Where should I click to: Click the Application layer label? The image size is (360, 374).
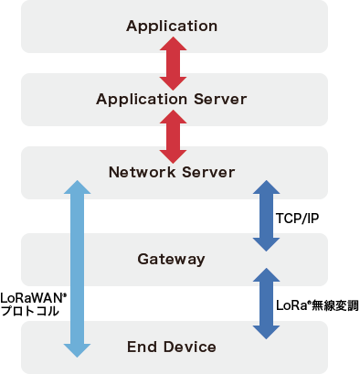(172, 25)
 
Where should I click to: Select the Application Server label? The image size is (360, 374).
(172, 98)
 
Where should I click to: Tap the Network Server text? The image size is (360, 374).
(172, 172)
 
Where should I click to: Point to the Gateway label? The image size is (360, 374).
(172, 260)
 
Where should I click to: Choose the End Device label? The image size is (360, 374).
(172, 347)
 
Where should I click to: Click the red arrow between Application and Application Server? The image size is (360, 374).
(173, 61)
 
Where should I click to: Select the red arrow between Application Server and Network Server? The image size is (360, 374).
(173, 135)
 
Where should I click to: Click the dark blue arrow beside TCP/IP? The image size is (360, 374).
(265, 216)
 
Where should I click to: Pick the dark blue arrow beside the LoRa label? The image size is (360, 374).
(265, 303)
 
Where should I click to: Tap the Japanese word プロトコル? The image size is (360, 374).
(30, 311)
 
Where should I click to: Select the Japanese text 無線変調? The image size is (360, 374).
(334, 306)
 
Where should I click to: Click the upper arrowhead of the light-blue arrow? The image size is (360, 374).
(78, 188)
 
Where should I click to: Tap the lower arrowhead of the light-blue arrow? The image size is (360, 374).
(78, 348)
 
